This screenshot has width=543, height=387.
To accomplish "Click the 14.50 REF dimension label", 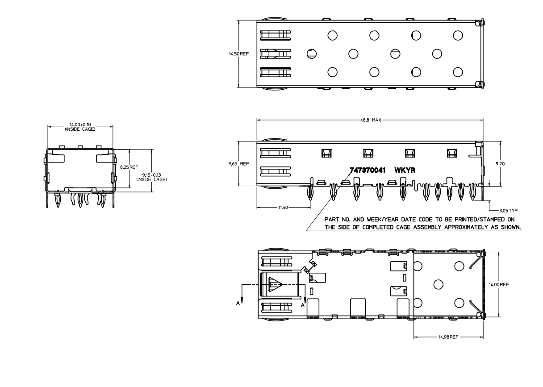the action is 238,54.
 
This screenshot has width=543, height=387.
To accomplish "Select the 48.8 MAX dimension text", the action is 371,120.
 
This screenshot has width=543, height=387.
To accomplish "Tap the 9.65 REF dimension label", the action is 238,164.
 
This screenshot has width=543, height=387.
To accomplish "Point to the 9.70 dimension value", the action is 500,164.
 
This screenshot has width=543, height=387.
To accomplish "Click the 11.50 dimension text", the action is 283,208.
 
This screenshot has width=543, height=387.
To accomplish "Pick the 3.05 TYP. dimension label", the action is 509,211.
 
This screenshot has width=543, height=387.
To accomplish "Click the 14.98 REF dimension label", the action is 448,337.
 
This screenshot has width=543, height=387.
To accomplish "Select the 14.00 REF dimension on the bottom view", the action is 499,284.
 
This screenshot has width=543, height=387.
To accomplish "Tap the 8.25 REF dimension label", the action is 129,167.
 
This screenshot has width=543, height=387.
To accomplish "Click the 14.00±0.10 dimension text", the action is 80,125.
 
